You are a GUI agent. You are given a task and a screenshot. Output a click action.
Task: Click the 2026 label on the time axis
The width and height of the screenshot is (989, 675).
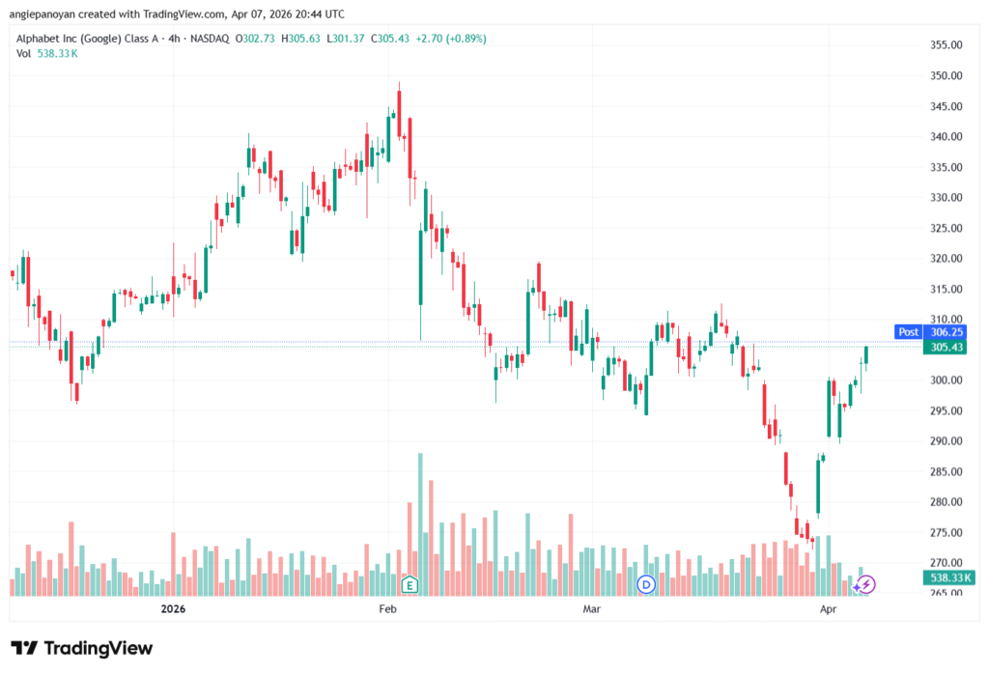(173, 609)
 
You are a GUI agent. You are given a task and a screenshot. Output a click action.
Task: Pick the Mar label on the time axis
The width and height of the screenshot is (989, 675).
(592, 609)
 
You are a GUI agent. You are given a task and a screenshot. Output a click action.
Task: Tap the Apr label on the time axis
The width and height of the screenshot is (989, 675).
(828, 609)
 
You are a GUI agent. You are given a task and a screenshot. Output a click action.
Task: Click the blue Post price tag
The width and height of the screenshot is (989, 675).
(909, 331)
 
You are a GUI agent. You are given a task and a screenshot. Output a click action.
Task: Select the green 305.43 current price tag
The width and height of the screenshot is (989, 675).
(948, 348)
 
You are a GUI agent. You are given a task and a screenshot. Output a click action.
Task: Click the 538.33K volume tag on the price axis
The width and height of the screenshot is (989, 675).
(948, 577)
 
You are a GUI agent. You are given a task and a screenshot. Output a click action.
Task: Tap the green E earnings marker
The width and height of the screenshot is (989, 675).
(410, 584)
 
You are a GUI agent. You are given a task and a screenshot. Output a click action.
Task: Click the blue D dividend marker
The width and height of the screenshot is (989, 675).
(647, 584)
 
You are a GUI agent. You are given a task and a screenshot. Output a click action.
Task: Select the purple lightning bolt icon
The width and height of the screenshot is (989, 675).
(866, 584)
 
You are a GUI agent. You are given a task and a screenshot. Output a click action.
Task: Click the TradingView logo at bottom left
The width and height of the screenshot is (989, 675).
(81, 647)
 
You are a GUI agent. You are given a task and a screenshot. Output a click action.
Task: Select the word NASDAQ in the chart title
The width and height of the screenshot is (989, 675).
(208, 39)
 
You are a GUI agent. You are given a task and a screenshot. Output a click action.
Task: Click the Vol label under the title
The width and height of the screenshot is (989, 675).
(24, 53)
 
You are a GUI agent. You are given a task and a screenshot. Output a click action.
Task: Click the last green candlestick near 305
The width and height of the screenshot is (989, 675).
(866, 355)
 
